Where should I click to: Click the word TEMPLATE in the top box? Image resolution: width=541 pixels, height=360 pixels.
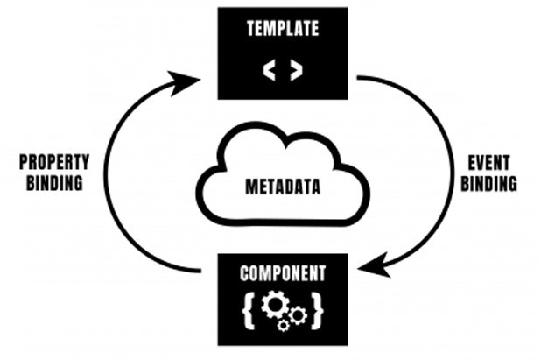(x=282, y=30)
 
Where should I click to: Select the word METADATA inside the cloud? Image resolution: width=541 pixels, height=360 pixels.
(x=282, y=186)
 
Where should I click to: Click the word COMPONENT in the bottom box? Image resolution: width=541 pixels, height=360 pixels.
(x=282, y=273)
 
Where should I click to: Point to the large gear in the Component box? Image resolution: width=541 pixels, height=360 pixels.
(x=275, y=305)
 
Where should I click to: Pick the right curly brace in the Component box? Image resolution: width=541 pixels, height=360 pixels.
(x=316, y=308)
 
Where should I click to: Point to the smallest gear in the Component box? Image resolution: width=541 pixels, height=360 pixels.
(x=284, y=326)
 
